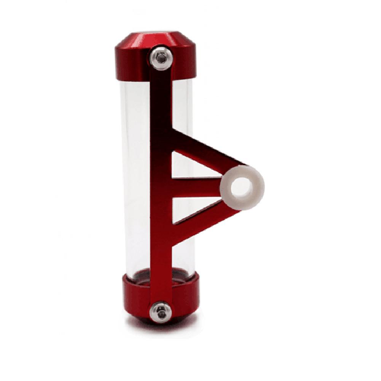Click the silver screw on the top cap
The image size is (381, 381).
(x=161, y=58)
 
